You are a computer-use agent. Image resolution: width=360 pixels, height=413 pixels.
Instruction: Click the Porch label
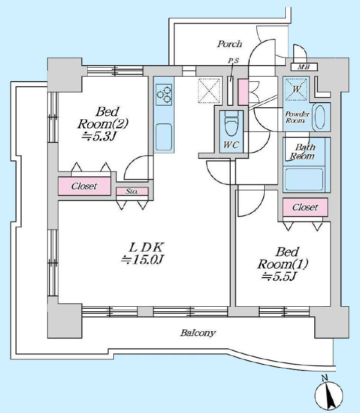229,44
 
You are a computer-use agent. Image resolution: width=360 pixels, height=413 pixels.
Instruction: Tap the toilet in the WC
231,123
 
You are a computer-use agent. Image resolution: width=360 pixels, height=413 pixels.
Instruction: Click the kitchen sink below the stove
163,137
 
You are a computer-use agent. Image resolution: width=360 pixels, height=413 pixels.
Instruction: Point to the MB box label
304,67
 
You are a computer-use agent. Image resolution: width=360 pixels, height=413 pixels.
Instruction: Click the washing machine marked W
296,89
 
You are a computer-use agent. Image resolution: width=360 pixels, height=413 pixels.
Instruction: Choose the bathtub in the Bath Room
304,179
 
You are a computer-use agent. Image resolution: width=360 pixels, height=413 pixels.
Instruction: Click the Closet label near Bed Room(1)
305,208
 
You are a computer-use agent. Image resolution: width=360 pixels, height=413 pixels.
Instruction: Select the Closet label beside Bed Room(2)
84,186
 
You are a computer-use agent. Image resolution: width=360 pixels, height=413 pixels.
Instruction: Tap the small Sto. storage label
131,191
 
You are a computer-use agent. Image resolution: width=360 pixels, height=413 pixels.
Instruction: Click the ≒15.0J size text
142,260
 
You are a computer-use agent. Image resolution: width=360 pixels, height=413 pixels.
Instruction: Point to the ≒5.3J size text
99,136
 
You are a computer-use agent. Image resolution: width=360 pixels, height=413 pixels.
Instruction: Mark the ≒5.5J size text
279,276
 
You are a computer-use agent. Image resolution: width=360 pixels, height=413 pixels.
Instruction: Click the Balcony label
198,333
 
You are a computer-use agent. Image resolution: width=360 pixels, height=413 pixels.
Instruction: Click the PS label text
233,61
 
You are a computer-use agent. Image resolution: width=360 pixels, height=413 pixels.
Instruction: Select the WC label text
231,145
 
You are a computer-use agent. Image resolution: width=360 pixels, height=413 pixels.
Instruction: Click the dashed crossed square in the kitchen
209,90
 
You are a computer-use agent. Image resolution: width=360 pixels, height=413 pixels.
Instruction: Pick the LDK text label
146,247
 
